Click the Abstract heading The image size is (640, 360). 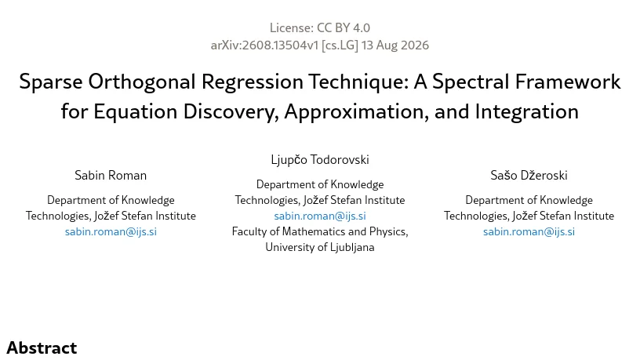pyautogui.click(x=42, y=348)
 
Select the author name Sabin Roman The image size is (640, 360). pyautogui.click(x=111, y=175)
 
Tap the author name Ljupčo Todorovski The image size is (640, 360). pyautogui.click(x=320, y=159)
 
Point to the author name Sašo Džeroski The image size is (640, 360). pyautogui.click(x=529, y=175)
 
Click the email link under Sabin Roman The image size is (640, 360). pyautogui.click(x=111, y=231)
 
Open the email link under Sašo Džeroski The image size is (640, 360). pyautogui.click(x=529, y=231)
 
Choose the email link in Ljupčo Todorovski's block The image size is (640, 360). pyautogui.click(x=320, y=216)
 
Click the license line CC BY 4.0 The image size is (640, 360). pyautogui.click(x=320, y=27)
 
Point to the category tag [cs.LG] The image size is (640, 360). pyautogui.click(x=340, y=45)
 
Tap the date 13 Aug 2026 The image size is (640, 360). pyautogui.click(x=395, y=45)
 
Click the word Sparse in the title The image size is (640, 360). pyautogui.click(x=51, y=82)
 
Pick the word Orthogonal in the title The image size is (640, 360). pyautogui.click(x=142, y=82)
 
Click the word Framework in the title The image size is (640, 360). pyautogui.click(x=568, y=82)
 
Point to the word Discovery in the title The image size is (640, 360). pyautogui.click(x=231, y=111)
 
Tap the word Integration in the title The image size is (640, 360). pyautogui.click(x=526, y=111)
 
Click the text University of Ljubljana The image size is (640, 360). pyautogui.click(x=320, y=247)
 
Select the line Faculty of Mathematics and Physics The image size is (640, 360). pyautogui.click(x=320, y=231)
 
